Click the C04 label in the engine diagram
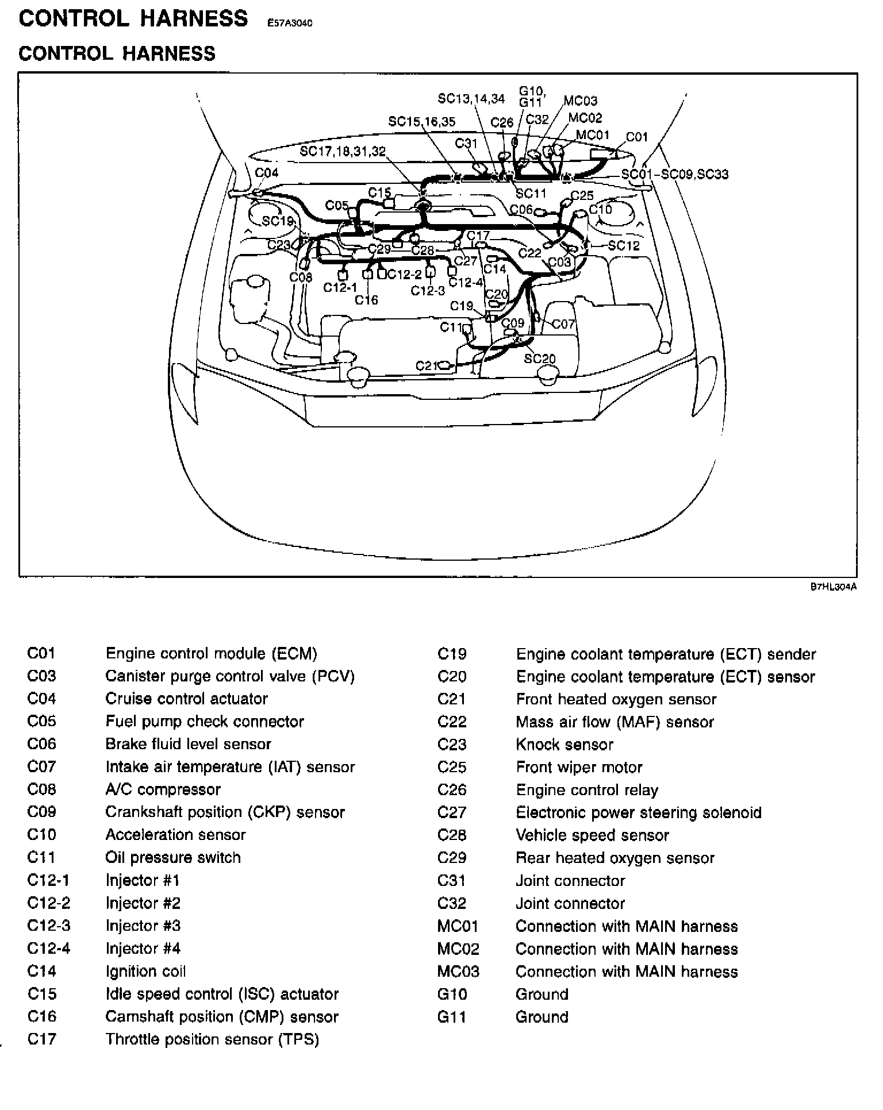click(266, 173)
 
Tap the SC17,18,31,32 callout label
click(343, 152)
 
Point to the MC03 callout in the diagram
click(580, 101)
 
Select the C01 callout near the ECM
click(636, 137)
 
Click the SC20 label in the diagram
click(540, 359)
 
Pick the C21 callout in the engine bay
click(427, 365)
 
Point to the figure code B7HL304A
click(834, 587)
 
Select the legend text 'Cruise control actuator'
click(186, 699)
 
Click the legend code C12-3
click(49, 926)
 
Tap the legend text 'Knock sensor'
click(565, 745)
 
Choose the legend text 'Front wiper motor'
click(579, 767)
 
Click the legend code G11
click(452, 1017)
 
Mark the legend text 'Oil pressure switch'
click(173, 858)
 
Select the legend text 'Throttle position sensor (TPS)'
click(212, 1039)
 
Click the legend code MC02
click(458, 949)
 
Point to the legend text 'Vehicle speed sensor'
click(592, 835)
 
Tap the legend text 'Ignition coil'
click(145, 972)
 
